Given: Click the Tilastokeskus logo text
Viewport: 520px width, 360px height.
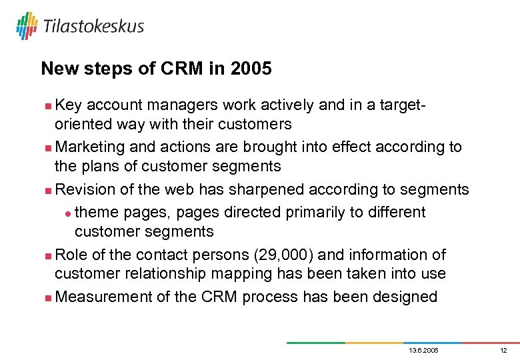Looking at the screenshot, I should tap(93, 26).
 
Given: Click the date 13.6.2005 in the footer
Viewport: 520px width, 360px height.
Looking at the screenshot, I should tap(423, 350).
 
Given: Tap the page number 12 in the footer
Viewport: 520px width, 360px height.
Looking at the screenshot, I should tap(503, 350).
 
